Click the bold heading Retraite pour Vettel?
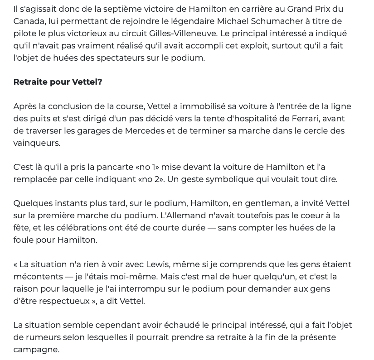pyautogui.click(x=58, y=82)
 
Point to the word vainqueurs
pyautogui.click(x=36, y=143)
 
